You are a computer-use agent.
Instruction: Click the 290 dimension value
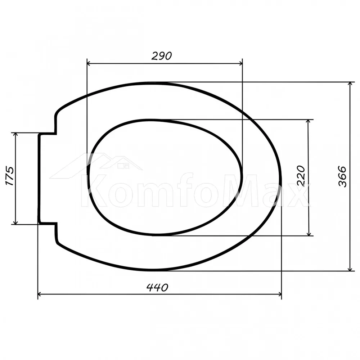point(162,56)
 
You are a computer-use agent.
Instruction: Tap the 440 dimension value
point(157,287)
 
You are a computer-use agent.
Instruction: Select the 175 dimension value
point(10,176)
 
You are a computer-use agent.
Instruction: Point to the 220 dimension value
point(301,176)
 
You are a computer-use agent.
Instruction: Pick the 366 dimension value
point(342,176)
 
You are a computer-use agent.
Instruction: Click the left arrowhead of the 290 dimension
point(89,63)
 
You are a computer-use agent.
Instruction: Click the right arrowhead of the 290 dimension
point(240,63)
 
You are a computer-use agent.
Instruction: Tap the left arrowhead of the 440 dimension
point(40,294)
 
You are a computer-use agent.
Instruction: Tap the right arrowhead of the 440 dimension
point(280,294)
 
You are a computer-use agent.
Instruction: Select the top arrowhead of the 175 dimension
point(15,135)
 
